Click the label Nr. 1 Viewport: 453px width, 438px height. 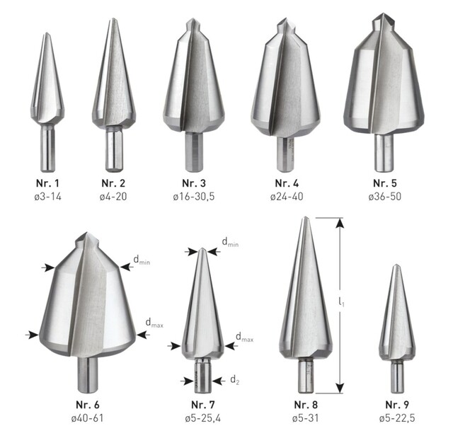(x=47, y=183)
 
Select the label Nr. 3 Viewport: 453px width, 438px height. (x=193, y=183)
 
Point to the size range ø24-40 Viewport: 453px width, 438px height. (x=286, y=195)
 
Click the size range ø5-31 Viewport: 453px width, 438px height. (x=306, y=417)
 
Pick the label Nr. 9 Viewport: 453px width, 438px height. (x=398, y=405)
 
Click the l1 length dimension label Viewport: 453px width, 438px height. (x=342, y=302)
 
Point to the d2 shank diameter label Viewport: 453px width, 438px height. (x=234, y=380)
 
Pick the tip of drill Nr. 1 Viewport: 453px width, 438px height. (x=46, y=35)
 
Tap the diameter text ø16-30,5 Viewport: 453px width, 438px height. (x=193, y=195)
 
